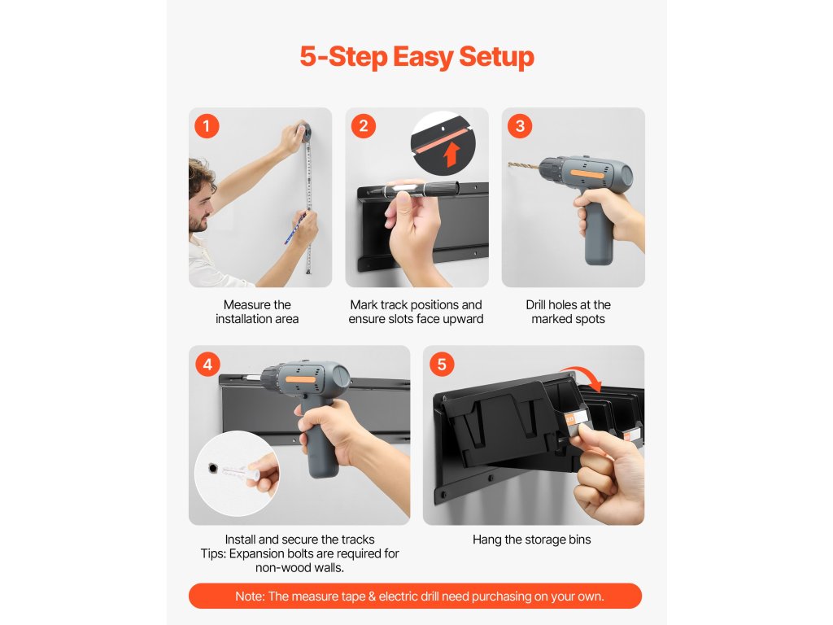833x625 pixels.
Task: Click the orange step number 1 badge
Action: click(207, 126)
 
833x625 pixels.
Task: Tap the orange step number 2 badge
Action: click(364, 126)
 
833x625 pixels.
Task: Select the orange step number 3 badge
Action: click(520, 126)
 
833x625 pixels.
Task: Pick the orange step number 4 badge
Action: click(207, 365)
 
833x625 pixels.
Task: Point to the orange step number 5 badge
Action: click(442, 365)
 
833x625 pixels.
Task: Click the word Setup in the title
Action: click(496, 57)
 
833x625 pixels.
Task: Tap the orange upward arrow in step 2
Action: click(451, 154)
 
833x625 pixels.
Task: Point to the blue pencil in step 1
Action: click(294, 228)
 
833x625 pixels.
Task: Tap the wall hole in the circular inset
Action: click(213, 468)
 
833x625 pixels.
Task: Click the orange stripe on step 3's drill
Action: click(587, 173)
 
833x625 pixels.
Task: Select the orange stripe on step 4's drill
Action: click(303, 380)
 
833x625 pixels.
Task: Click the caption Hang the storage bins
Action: click(532, 540)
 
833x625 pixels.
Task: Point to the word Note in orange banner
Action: click(250, 597)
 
